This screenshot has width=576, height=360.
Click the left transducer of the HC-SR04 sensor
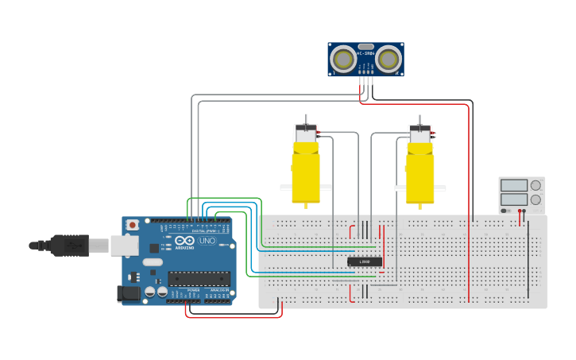343,59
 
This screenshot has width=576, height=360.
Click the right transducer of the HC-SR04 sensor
388,59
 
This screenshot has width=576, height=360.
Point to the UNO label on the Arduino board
207,241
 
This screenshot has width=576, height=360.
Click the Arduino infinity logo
184,241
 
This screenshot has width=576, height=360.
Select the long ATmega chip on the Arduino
199,279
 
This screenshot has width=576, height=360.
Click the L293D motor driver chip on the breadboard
365,261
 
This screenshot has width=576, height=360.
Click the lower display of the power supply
514,199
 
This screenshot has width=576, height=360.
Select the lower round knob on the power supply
535,199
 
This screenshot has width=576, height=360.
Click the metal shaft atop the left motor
306,119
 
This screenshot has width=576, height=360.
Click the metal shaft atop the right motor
419,119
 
